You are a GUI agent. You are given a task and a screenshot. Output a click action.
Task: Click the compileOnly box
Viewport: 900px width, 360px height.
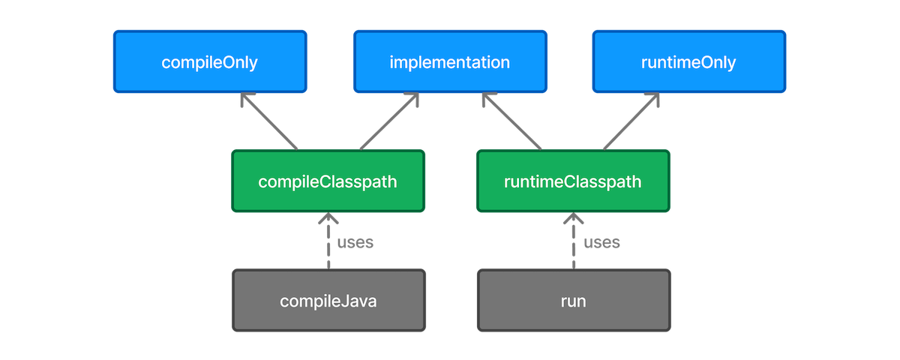tap(209, 61)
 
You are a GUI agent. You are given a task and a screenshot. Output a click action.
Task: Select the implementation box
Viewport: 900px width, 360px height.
tap(449, 61)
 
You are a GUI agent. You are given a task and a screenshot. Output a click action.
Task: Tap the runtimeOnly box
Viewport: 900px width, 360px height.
tap(688, 61)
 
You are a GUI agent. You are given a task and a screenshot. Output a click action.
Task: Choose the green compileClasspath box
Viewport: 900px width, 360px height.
tap(328, 181)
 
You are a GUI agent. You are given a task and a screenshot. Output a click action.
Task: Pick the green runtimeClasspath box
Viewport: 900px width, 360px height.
tap(573, 181)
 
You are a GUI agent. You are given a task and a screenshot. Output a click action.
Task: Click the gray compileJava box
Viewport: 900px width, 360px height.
tap(328, 301)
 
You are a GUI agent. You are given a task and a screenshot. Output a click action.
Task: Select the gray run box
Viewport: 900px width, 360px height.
tap(573, 301)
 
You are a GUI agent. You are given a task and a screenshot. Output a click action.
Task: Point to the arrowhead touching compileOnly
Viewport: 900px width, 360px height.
tap(246, 100)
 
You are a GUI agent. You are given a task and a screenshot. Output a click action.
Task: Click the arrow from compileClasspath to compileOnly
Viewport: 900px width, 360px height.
tap(271, 124)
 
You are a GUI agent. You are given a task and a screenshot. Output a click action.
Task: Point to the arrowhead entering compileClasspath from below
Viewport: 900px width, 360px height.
tap(328, 220)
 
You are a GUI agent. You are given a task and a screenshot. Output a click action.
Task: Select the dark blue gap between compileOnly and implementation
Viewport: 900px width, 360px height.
tap(329, 61)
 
